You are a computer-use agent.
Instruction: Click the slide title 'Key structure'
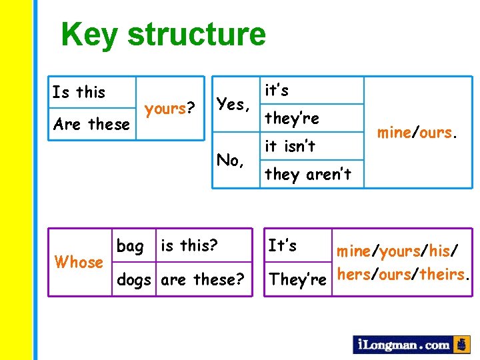tap(163, 35)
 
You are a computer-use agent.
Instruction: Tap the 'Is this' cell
tap(79, 92)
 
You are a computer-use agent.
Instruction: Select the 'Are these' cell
tap(91, 124)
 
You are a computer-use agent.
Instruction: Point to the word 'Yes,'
tap(233, 104)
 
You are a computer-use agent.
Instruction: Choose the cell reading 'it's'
tap(277, 90)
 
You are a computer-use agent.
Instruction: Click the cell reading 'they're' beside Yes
tap(292, 119)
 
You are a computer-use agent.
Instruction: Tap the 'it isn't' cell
tap(290, 146)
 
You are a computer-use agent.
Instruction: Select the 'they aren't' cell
tap(307, 175)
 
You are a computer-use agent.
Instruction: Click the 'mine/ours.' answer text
tap(418, 133)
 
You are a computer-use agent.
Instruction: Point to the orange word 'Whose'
tap(79, 262)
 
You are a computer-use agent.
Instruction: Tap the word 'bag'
tap(130, 246)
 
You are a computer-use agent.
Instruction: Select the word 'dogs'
tap(133, 279)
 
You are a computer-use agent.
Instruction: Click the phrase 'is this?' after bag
tap(189, 246)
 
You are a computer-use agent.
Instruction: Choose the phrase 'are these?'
tap(203, 279)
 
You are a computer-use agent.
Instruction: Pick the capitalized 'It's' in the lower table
tap(282, 245)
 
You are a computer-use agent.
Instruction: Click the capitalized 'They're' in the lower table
tap(297, 279)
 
